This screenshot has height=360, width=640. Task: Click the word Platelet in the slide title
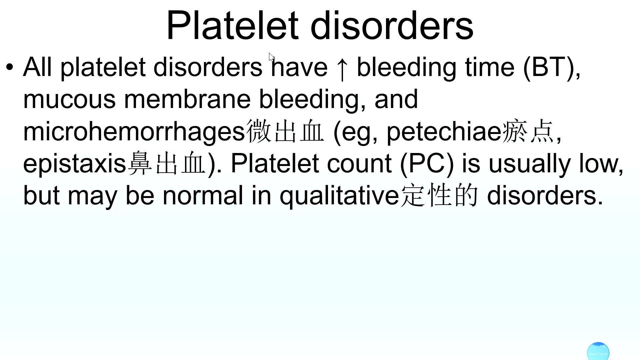tap(232, 25)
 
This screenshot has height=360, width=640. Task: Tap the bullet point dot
tap(10, 67)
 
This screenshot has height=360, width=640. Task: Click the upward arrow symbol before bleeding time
tap(342, 69)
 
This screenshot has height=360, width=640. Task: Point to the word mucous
tap(69, 100)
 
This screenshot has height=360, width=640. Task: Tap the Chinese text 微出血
tap(285, 131)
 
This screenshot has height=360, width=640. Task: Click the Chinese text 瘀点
tap(528, 131)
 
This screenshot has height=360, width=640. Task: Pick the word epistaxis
tap(75, 164)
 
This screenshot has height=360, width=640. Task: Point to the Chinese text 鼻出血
tap(166, 163)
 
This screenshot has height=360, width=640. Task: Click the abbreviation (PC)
tap(427, 164)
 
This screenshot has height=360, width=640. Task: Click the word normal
tap(203, 196)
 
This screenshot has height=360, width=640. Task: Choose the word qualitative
tap(339, 196)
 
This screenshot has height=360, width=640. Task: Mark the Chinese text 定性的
tap(439, 195)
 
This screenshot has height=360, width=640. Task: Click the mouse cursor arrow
tap(271, 57)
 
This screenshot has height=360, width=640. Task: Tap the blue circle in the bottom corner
tap(598, 351)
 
